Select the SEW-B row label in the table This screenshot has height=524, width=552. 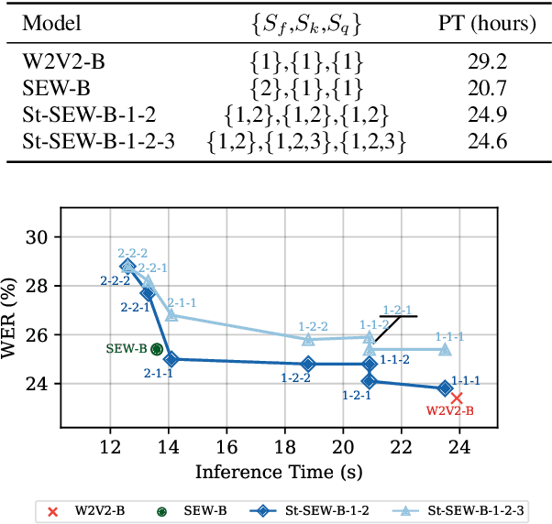coord(50,89)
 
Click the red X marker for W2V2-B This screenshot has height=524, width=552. coord(457,398)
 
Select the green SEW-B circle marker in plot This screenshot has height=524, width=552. coord(157,349)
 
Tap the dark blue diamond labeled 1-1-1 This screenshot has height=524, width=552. coord(445,388)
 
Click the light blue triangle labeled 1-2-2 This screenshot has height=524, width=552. coord(308,339)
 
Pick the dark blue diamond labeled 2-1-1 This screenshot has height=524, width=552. coord(170,360)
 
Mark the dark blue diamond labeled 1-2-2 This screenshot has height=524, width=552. coord(308,364)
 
